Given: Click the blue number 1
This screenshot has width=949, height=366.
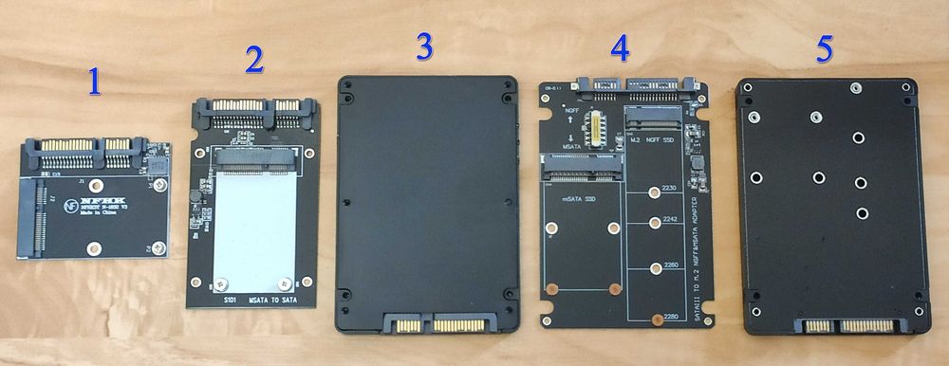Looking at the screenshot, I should tap(93, 82).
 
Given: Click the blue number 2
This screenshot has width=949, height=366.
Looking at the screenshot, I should tap(253, 59).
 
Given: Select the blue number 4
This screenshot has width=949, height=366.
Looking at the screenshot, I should tap(620, 46).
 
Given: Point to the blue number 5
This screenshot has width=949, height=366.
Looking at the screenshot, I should tap(825, 50).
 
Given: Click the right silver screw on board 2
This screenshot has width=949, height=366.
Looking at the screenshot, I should tap(284, 282).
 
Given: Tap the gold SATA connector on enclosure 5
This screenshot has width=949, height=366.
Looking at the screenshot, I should tap(848, 326).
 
